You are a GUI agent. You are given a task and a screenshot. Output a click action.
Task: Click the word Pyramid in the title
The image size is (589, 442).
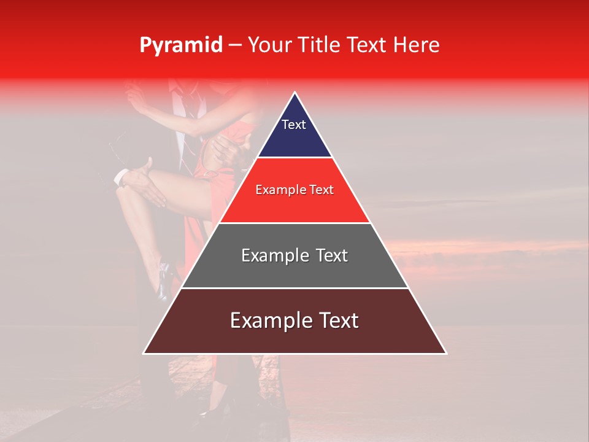pos(180,45)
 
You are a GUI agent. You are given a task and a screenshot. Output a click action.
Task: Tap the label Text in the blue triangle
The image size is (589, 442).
pos(294,125)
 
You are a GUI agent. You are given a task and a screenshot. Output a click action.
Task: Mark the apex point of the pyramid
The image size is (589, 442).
pos(295,93)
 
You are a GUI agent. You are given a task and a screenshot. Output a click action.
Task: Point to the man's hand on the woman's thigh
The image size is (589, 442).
pos(145,184)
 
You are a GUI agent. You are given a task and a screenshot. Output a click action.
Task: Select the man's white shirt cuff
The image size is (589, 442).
pos(121,177)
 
